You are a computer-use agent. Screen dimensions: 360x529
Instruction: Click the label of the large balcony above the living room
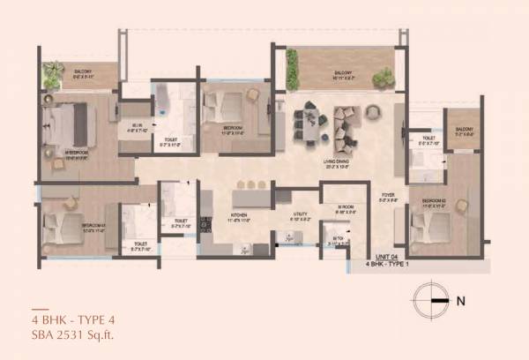click(x=344, y=74)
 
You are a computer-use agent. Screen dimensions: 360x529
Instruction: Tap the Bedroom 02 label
click(x=436, y=202)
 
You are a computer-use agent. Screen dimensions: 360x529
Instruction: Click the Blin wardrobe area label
click(x=138, y=126)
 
